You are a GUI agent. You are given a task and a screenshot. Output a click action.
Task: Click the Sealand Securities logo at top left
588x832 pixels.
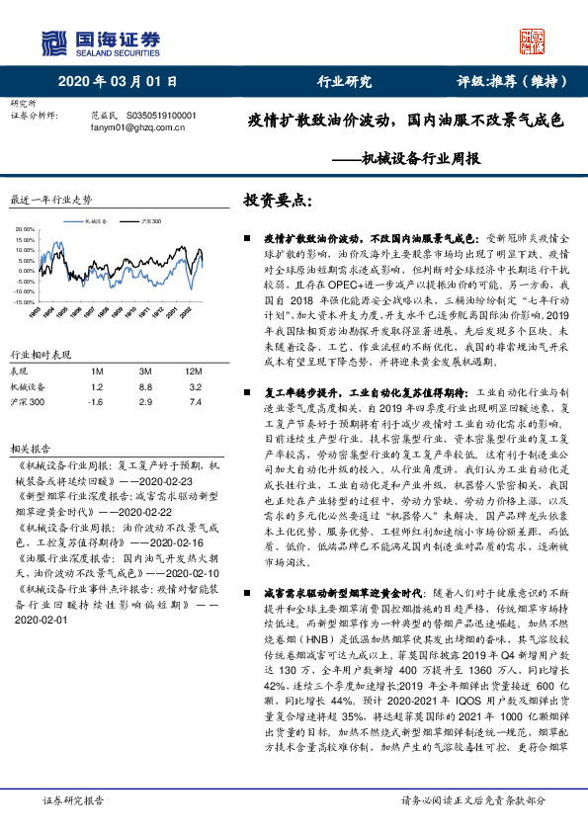click(x=100, y=41)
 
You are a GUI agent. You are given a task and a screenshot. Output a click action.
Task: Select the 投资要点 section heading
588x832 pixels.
click(x=277, y=200)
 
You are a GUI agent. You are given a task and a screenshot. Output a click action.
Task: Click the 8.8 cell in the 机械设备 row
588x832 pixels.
click(x=144, y=387)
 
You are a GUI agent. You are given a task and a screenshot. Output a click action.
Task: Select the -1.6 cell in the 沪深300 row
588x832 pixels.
click(x=95, y=403)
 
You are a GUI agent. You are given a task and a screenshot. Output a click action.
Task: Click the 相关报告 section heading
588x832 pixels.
click(x=29, y=446)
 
